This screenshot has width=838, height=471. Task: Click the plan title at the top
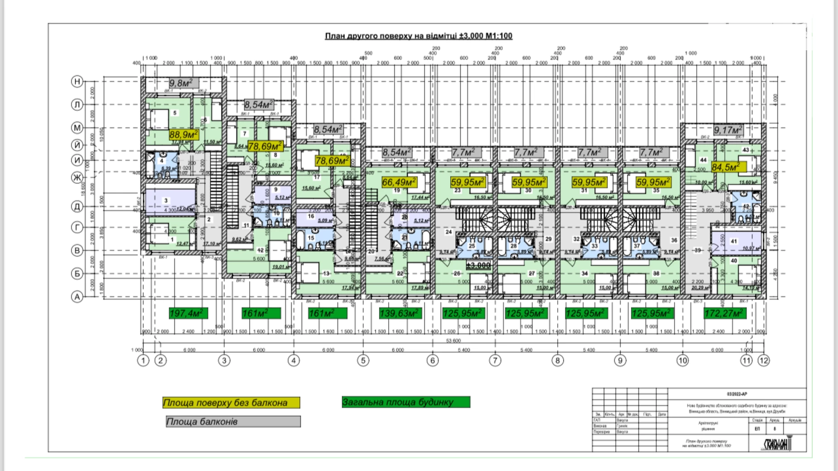419,36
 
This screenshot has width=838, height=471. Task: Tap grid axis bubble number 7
495,360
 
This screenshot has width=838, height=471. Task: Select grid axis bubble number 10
683,360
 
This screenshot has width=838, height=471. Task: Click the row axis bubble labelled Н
77,81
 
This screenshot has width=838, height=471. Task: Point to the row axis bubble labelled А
77,297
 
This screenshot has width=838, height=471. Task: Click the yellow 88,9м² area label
183,135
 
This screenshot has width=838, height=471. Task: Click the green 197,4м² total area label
188,313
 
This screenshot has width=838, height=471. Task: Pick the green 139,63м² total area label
400,313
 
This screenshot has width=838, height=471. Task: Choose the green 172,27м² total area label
724,313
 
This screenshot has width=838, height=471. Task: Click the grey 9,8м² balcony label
184,83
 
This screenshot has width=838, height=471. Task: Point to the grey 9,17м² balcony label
728,130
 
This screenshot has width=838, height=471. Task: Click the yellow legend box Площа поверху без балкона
231,403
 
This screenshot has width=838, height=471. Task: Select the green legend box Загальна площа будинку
406,402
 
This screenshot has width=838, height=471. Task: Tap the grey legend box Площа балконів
233,422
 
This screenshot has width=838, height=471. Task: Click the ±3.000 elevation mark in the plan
478,265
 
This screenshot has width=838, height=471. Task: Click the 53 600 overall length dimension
453,341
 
